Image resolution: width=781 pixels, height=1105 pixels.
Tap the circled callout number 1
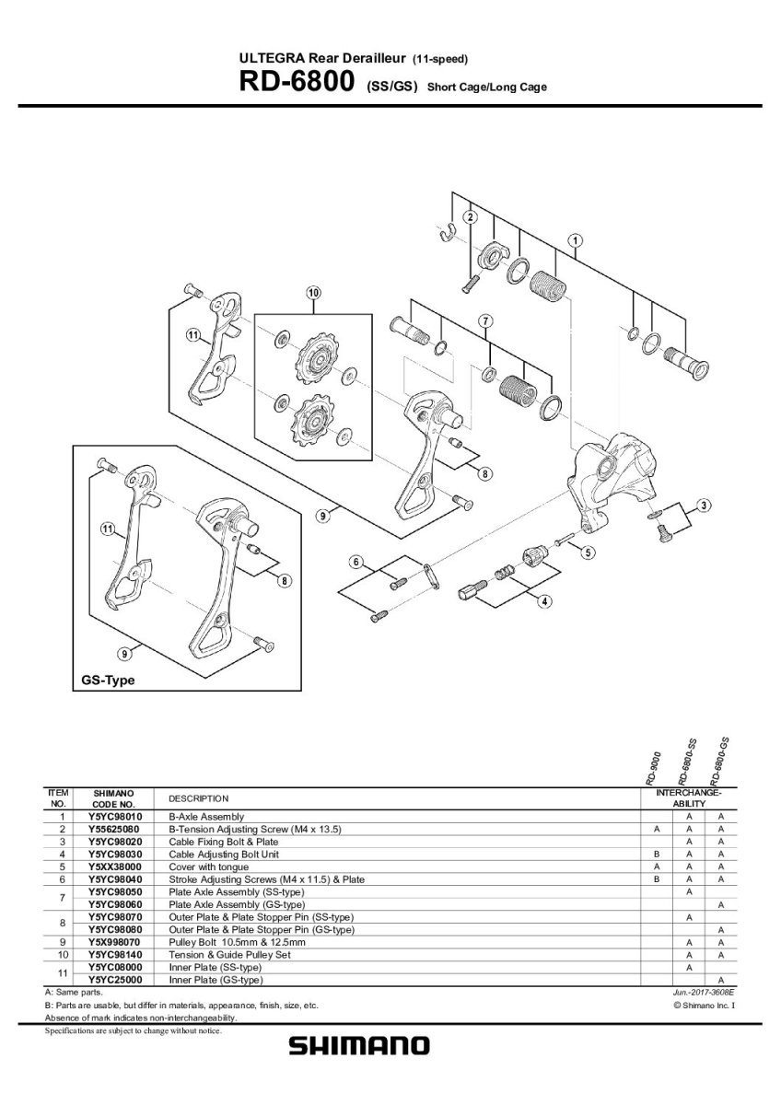point(575,241)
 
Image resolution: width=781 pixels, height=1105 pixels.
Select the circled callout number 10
point(312,293)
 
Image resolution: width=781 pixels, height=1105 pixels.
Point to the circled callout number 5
point(587,552)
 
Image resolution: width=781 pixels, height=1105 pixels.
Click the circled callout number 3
point(704,505)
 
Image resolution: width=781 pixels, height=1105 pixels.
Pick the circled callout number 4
point(545,601)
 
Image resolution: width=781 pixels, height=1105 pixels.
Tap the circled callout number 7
point(484,320)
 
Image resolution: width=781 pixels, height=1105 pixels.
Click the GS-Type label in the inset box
point(103,680)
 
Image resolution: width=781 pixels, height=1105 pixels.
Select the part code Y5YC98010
point(115,817)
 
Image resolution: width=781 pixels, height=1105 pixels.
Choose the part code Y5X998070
point(115,942)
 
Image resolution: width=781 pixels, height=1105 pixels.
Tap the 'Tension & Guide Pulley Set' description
point(227,955)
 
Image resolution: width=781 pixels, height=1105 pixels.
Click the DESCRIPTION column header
point(198,798)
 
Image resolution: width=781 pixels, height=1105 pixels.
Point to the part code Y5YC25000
point(115,980)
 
